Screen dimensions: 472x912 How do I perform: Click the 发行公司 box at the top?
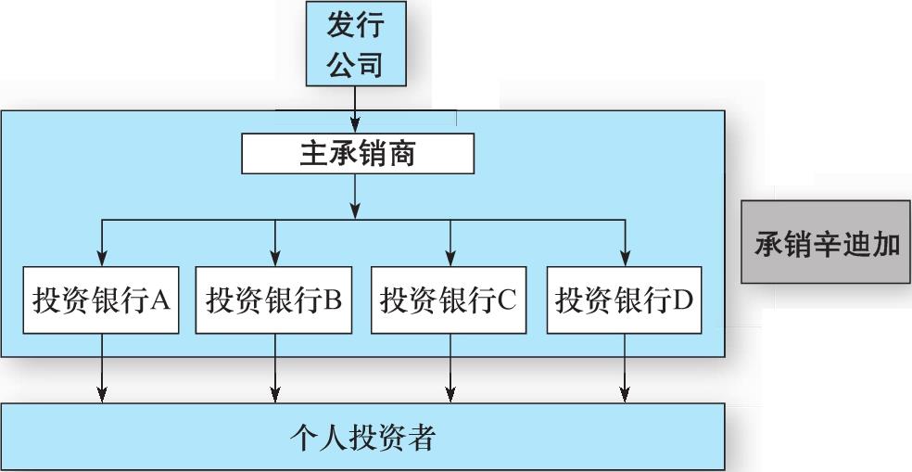[x=355, y=44]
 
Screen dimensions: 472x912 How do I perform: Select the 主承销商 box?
[x=358, y=154]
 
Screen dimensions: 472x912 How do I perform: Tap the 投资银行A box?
[x=102, y=300]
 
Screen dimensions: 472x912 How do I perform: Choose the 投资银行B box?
[x=274, y=300]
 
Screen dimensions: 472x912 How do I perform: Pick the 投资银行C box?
[x=450, y=300]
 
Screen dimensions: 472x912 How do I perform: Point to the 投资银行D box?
[x=624, y=300]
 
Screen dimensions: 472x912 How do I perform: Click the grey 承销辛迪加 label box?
[x=825, y=242]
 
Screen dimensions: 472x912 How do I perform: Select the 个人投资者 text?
[x=361, y=437]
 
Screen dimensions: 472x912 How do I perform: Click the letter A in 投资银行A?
[x=158, y=300]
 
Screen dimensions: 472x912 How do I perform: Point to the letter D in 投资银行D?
[x=683, y=300]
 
